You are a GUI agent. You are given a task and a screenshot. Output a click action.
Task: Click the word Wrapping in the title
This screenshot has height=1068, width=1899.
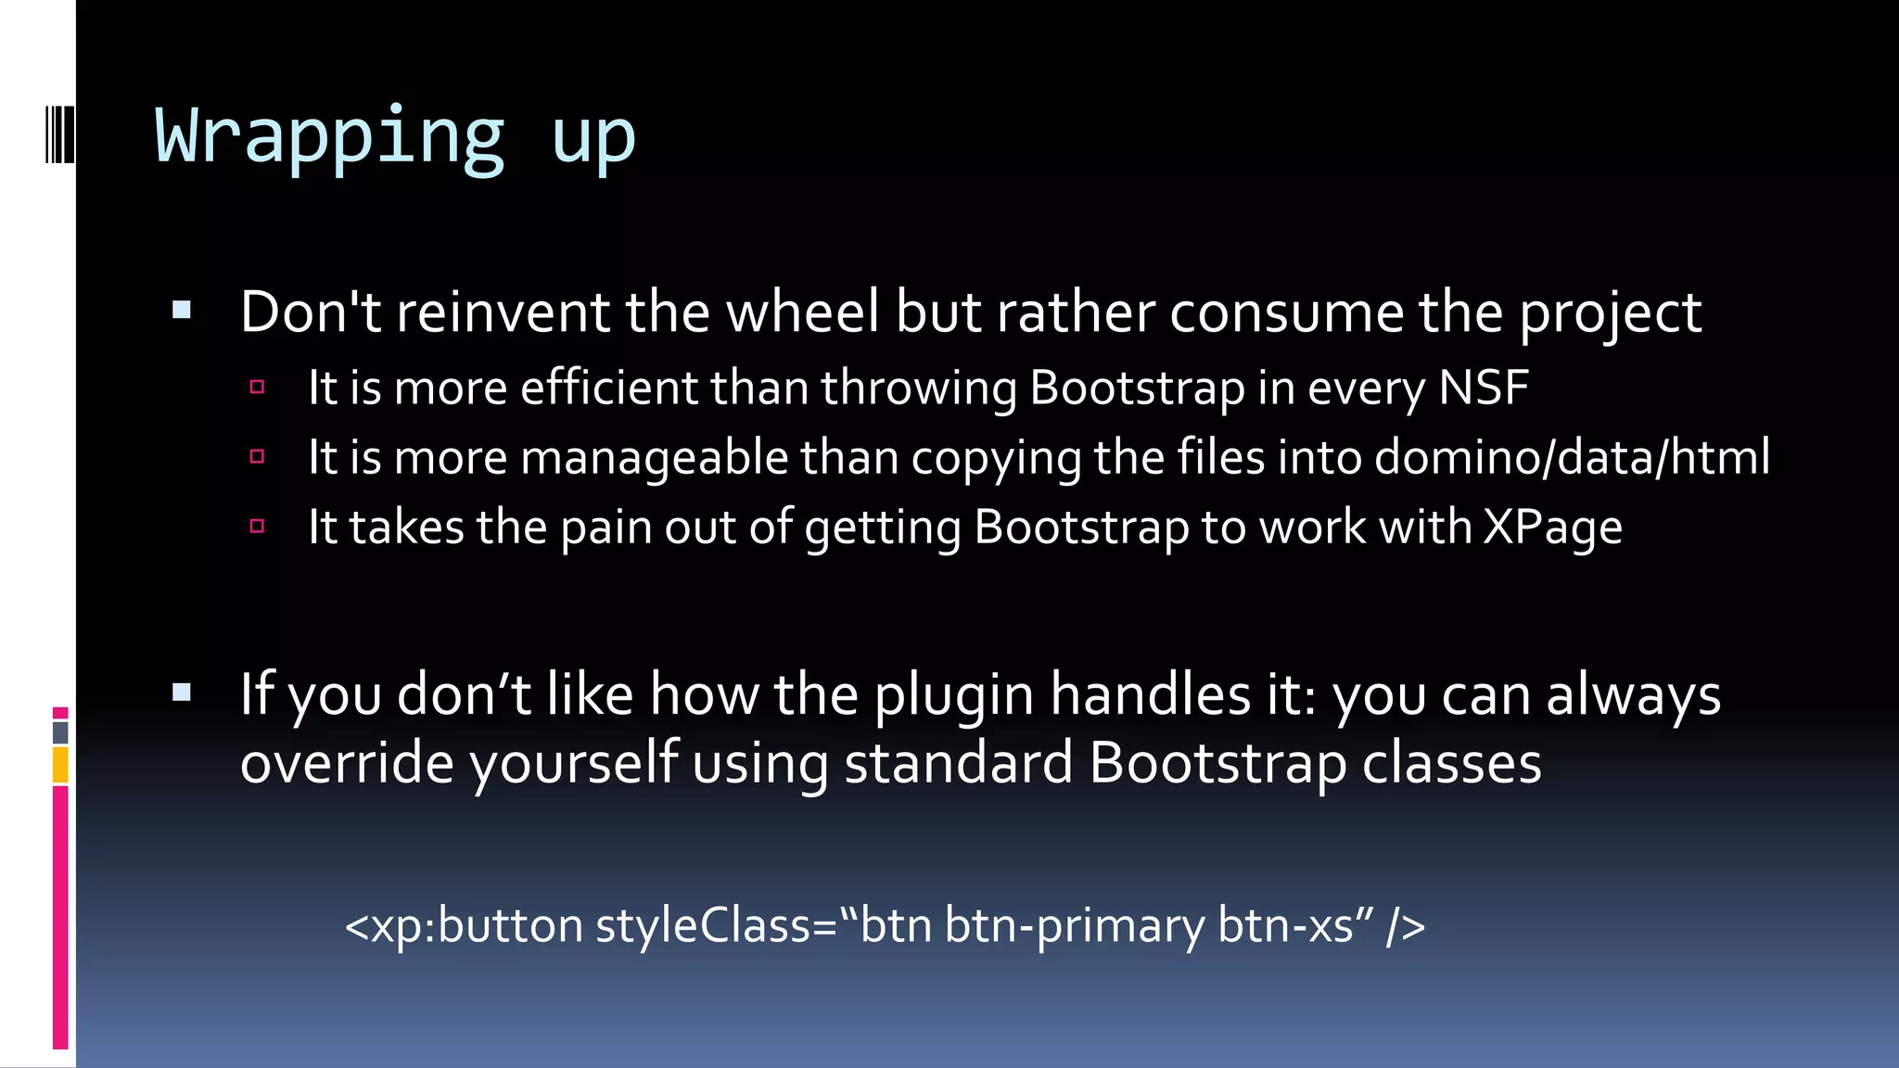(x=329, y=137)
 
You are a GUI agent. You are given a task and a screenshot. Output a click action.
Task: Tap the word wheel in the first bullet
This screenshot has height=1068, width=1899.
(x=803, y=311)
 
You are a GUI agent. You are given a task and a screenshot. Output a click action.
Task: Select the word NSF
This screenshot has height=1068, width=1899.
(x=1484, y=387)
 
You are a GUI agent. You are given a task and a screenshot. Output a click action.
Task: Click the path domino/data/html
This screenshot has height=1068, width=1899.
(x=1572, y=457)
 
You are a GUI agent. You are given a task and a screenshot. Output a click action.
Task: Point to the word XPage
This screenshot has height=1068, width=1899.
(x=1553, y=528)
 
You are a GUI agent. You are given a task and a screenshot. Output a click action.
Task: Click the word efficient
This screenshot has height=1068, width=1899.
(x=608, y=387)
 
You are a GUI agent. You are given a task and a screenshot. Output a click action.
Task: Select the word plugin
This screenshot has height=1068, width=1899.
(x=954, y=694)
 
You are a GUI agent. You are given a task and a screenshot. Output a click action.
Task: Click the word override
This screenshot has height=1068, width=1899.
(x=347, y=763)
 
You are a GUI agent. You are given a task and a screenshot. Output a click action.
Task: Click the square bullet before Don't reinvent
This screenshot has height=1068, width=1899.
(x=182, y=311)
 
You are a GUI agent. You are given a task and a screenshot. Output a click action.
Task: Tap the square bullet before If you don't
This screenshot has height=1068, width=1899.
(x=182, y=692)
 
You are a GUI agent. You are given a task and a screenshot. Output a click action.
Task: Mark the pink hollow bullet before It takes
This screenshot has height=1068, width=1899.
(x=258, y=527)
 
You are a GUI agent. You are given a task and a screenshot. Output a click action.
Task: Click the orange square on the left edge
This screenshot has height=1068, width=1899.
(x=60, y=766)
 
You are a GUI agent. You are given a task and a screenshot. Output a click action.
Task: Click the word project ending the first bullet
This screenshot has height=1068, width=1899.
(x=1610, y=312)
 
